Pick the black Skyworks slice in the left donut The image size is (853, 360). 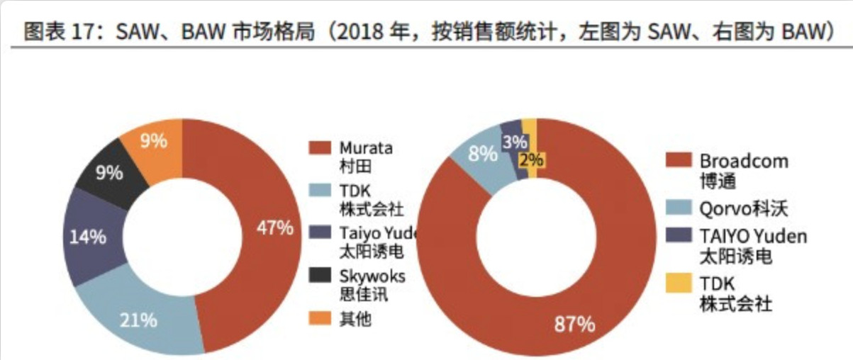(x=110, y=172)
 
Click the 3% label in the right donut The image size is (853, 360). (x=513, y=142)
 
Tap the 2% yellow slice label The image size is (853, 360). (x=530, y=159)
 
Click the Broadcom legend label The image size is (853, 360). (x=743, y=161)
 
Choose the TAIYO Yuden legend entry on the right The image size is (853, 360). (x=753, y=237)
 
